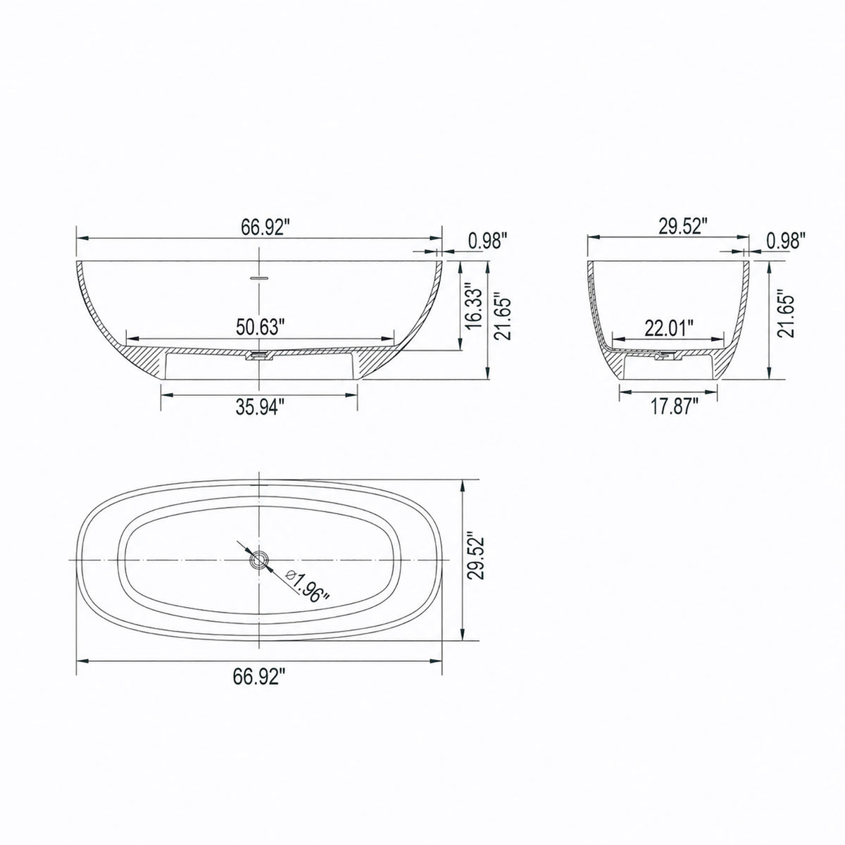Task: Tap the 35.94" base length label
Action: [261, 408]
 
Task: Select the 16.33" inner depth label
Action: [475, 308]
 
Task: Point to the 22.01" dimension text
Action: [669, 327]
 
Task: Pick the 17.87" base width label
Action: [674, 406]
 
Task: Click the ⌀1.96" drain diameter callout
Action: [307, 587]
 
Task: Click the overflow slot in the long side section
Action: [258, 278]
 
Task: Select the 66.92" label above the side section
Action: [265, 228]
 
